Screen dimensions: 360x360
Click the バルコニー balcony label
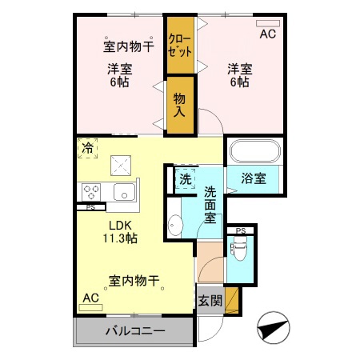[x=134, y=331]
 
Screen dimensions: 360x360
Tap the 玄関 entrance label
[x=210, y=301]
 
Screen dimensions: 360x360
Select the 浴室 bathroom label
[x=254, y=179]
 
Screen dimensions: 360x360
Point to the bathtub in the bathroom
[x=254, y=153]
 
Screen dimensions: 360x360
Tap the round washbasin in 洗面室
[x=176, y=225]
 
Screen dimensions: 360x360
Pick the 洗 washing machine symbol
[x=185, y=179]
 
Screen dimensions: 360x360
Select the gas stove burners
[x=91, y=192]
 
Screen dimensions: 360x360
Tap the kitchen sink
[x=123, y=192]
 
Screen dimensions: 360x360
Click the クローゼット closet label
[x=180, y=44]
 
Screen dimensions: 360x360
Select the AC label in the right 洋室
[x=267, y=34]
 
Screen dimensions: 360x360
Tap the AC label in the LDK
[x=91, y=298]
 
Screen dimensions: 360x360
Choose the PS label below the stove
[x=91, y=207]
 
